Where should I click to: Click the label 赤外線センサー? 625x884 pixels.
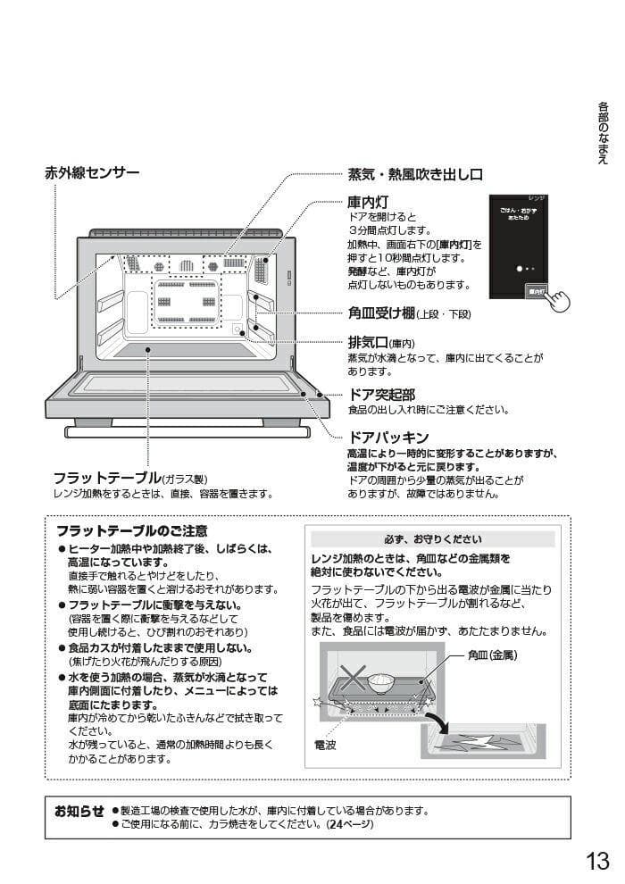click(92, 172)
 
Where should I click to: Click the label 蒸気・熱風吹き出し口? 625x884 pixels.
click(414, 174)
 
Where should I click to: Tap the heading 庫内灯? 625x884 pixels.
click(367, 203)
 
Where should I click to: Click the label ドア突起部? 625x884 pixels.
click(381, 394)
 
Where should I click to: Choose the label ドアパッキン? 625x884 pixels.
click(387, 438)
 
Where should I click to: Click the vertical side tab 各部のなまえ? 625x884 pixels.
click(603, 132)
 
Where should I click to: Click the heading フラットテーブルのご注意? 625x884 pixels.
click(132, 530)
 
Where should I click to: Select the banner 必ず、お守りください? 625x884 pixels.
click(432, 539)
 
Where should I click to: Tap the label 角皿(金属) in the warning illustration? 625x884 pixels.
click(492, 655)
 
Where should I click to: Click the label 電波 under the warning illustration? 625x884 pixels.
click(325, 743)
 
